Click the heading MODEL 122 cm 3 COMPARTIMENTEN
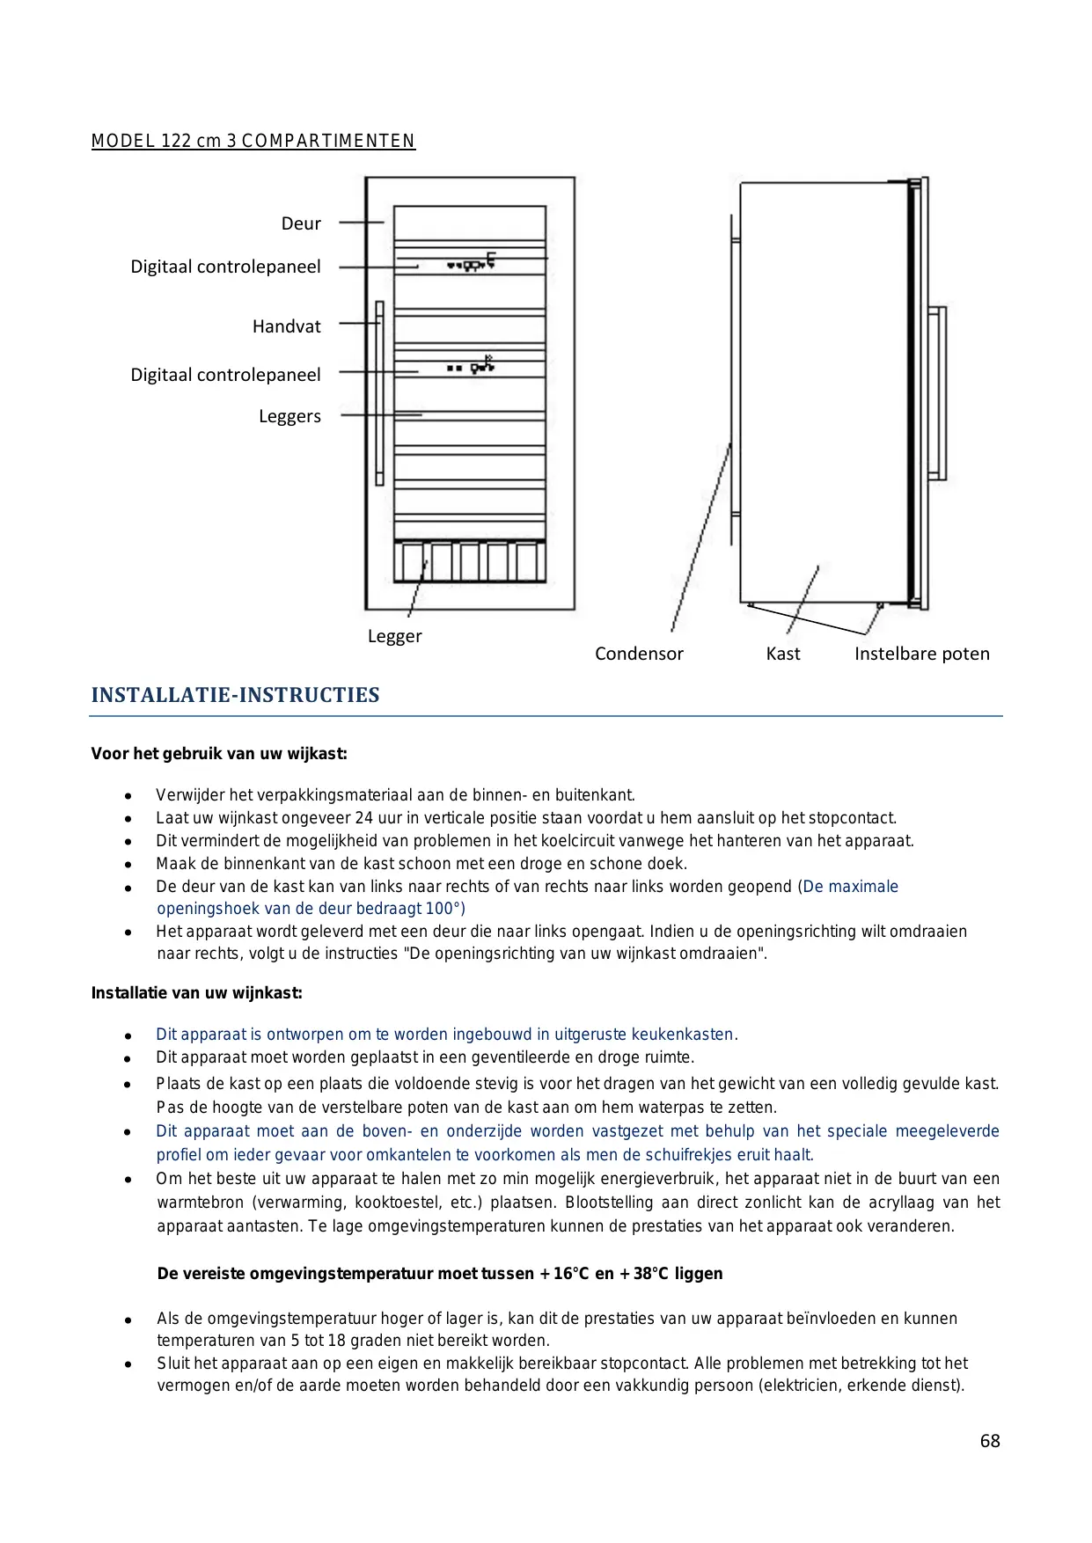[253, 141]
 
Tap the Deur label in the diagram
[301, 223]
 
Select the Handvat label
[287, 326]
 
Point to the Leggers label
[289, 416]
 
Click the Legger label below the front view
[394, 636]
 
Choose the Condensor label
[639, 654]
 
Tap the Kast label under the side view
[783, 654]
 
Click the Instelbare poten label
[921, 654]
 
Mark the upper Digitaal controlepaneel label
[225, 267]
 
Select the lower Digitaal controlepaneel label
[225, 375]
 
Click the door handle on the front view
[379, 393]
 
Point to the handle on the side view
[939, 393]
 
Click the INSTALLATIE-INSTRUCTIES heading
[235, 695]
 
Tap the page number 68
[990, 1441]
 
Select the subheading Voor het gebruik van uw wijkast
[219, 754]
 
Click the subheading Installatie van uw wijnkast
[197, 993]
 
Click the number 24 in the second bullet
[364, 818]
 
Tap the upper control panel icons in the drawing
[471, 262]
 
